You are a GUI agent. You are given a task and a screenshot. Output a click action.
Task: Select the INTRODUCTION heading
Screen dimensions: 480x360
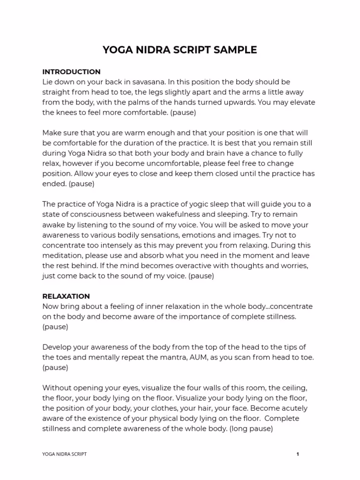coord(71,72)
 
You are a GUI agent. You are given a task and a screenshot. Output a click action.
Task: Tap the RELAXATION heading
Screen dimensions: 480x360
coord(66,296)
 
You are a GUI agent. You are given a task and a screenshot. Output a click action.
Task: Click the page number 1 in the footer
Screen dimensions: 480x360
coord(298,454)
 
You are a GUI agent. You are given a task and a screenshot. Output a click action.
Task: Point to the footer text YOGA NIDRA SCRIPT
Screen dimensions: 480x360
coord(64,454)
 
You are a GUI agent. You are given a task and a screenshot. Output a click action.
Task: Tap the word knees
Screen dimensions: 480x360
coord(67,112)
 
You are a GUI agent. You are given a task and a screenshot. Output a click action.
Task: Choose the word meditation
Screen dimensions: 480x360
coord(62,255)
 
